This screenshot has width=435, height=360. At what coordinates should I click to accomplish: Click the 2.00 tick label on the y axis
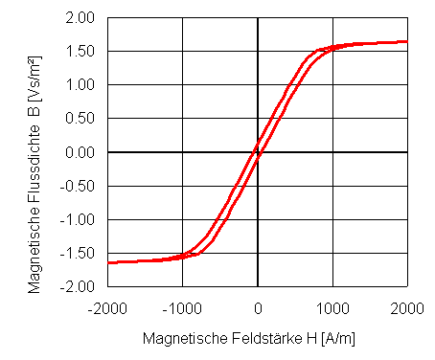pyautogui.click(x=80, y=18)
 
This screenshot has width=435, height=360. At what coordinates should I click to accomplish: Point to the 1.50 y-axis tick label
pyautogui.click(x=80, y=52)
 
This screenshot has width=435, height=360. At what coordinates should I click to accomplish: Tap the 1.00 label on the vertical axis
pyautogui.click(x=80, y=85)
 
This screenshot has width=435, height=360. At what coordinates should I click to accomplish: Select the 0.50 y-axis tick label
pyautogui.click(x=80, y=119)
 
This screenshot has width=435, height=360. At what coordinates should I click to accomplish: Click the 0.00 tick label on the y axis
pyautogui.click(x=80, y=152)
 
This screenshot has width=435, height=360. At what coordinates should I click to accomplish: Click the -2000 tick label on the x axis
pyautogui.click(x=107, y=307)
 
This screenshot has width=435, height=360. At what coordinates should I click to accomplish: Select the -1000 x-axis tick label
pyautogui.click(x=182, y=307)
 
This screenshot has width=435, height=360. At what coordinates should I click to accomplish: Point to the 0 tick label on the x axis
pyautogui.click(x=258, y=307)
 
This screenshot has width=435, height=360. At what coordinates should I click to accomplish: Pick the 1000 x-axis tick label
pyautogui.click(x=332, y=307)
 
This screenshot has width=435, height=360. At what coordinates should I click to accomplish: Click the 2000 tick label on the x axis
pyautogui.click(x=407, y=307)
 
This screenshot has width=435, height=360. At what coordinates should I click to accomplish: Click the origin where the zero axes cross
pyautogui.click(x=258, y=152)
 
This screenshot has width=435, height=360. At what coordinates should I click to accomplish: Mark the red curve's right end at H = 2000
pyautogui.click(x=406, y=41)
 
